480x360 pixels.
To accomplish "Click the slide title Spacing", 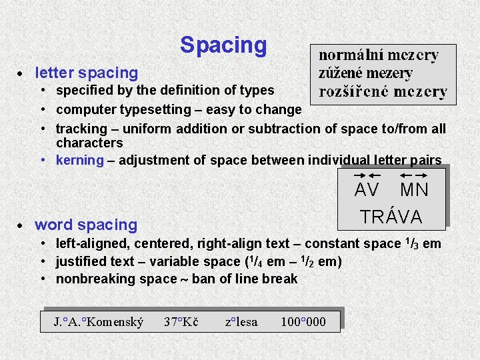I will coord(223,45).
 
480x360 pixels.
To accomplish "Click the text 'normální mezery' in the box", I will coord(379,55).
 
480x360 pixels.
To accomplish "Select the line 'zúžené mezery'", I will coord(365,73).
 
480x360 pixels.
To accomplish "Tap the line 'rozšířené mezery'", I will coord(383,92).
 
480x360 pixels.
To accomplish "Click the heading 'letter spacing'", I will coord(86,73).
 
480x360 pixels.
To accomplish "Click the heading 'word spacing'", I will coord(85,225).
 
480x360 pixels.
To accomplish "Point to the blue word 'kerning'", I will coord(80,160).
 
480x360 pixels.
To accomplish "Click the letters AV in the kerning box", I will coord(367,191).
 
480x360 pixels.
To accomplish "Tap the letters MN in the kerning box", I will coord(414,191).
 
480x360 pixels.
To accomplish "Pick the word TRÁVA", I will coord(391,217).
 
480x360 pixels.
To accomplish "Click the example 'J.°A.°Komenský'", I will coord(99,323).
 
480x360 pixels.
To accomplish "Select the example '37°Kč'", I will coord(181,323).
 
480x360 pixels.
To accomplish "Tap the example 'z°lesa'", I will coord(241,323).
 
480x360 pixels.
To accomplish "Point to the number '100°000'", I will coord(303,323).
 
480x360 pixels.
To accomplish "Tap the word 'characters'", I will coord(89,143).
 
